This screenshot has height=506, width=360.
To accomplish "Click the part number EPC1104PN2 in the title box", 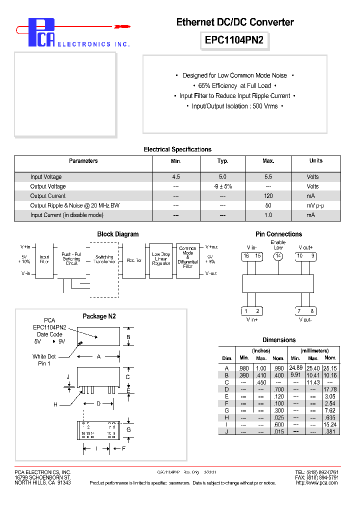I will click(x=234, y=40).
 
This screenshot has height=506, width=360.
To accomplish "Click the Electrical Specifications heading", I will click(x=177, y=149).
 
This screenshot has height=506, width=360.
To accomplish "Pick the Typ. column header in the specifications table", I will click(x=223, y=161).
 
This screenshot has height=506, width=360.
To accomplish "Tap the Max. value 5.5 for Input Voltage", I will click(x=268, y=177).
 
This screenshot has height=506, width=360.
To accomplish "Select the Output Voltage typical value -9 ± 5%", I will click(x=223, y=186).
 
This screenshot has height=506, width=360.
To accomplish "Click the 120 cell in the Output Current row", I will click(x=268, y=196).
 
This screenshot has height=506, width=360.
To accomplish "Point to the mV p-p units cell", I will click(x=315, y=205).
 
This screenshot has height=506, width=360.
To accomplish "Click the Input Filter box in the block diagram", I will click(x=44, y=259).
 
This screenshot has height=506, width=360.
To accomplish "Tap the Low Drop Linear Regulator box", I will click(x=161, y=258).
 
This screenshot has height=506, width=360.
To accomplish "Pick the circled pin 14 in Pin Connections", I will click(x=278, y=256).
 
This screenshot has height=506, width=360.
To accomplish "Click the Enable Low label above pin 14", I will click(x=278, y=245).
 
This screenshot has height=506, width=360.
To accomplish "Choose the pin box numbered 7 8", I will click(x=305, y=311).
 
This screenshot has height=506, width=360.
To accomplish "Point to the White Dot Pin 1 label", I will click(x=44, y=360).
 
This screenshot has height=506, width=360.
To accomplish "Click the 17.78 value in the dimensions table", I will click(x=330, y=389).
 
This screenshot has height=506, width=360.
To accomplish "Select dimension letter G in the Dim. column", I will click(x=226, y=410).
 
